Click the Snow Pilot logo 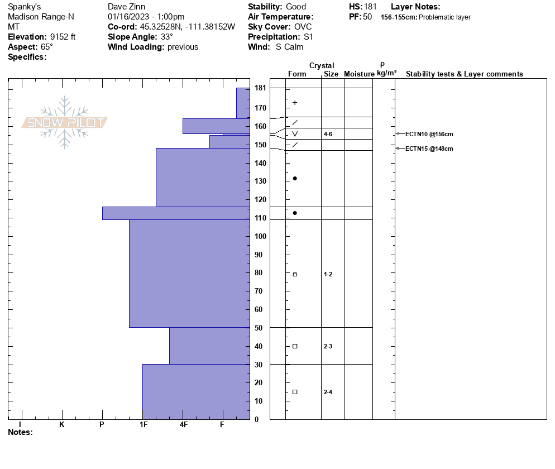tap(65, 123)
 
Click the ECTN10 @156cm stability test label tap(429, 134)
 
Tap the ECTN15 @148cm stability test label tap(429, 149)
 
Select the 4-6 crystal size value tap(328, 135)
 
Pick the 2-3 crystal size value tap(328, 346)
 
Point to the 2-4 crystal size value tap(328, 392)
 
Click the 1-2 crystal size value tap(328, 274)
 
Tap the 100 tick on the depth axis tap(260, 236)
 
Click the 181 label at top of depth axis tap(260, 88)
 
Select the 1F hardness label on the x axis tap(143, 425)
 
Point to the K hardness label tap(61, 425)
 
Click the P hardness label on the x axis tap(102, 425)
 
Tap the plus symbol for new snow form tap(295, 103)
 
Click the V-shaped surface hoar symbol tap(295, 134)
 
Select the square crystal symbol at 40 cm tap(295, 346)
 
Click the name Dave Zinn tap(126, 7)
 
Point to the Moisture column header tap(359, 74)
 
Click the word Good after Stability tap(296, 7)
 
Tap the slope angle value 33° tap(164, 37)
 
